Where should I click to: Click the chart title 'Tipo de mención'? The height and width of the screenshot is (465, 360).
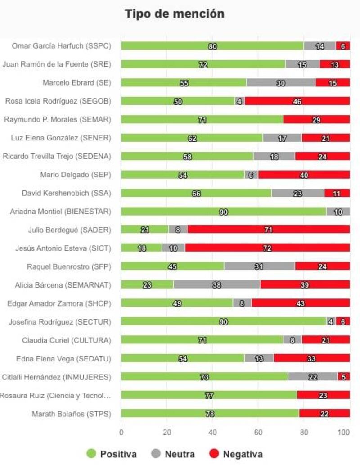[x=175, y=14]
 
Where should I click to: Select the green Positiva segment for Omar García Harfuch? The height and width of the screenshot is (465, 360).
[x=212, y=46]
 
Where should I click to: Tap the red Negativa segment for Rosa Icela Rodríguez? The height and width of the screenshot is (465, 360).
[x=297, y=101]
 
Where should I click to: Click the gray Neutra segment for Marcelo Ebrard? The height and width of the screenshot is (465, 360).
[x=281, y=83]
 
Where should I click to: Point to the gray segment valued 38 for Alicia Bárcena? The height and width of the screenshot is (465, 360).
[x=217, y=285]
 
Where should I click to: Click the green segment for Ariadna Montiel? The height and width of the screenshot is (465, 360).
[x=224, y=212]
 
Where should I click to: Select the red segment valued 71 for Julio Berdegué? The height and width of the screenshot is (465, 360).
[x=269, y=230]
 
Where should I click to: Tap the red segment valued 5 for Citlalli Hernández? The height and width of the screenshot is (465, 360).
[x=344, y=377]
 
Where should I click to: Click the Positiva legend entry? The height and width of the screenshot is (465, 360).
[x=112, y=454]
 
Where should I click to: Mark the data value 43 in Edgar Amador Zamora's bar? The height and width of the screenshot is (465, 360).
[x=300, y=303]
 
